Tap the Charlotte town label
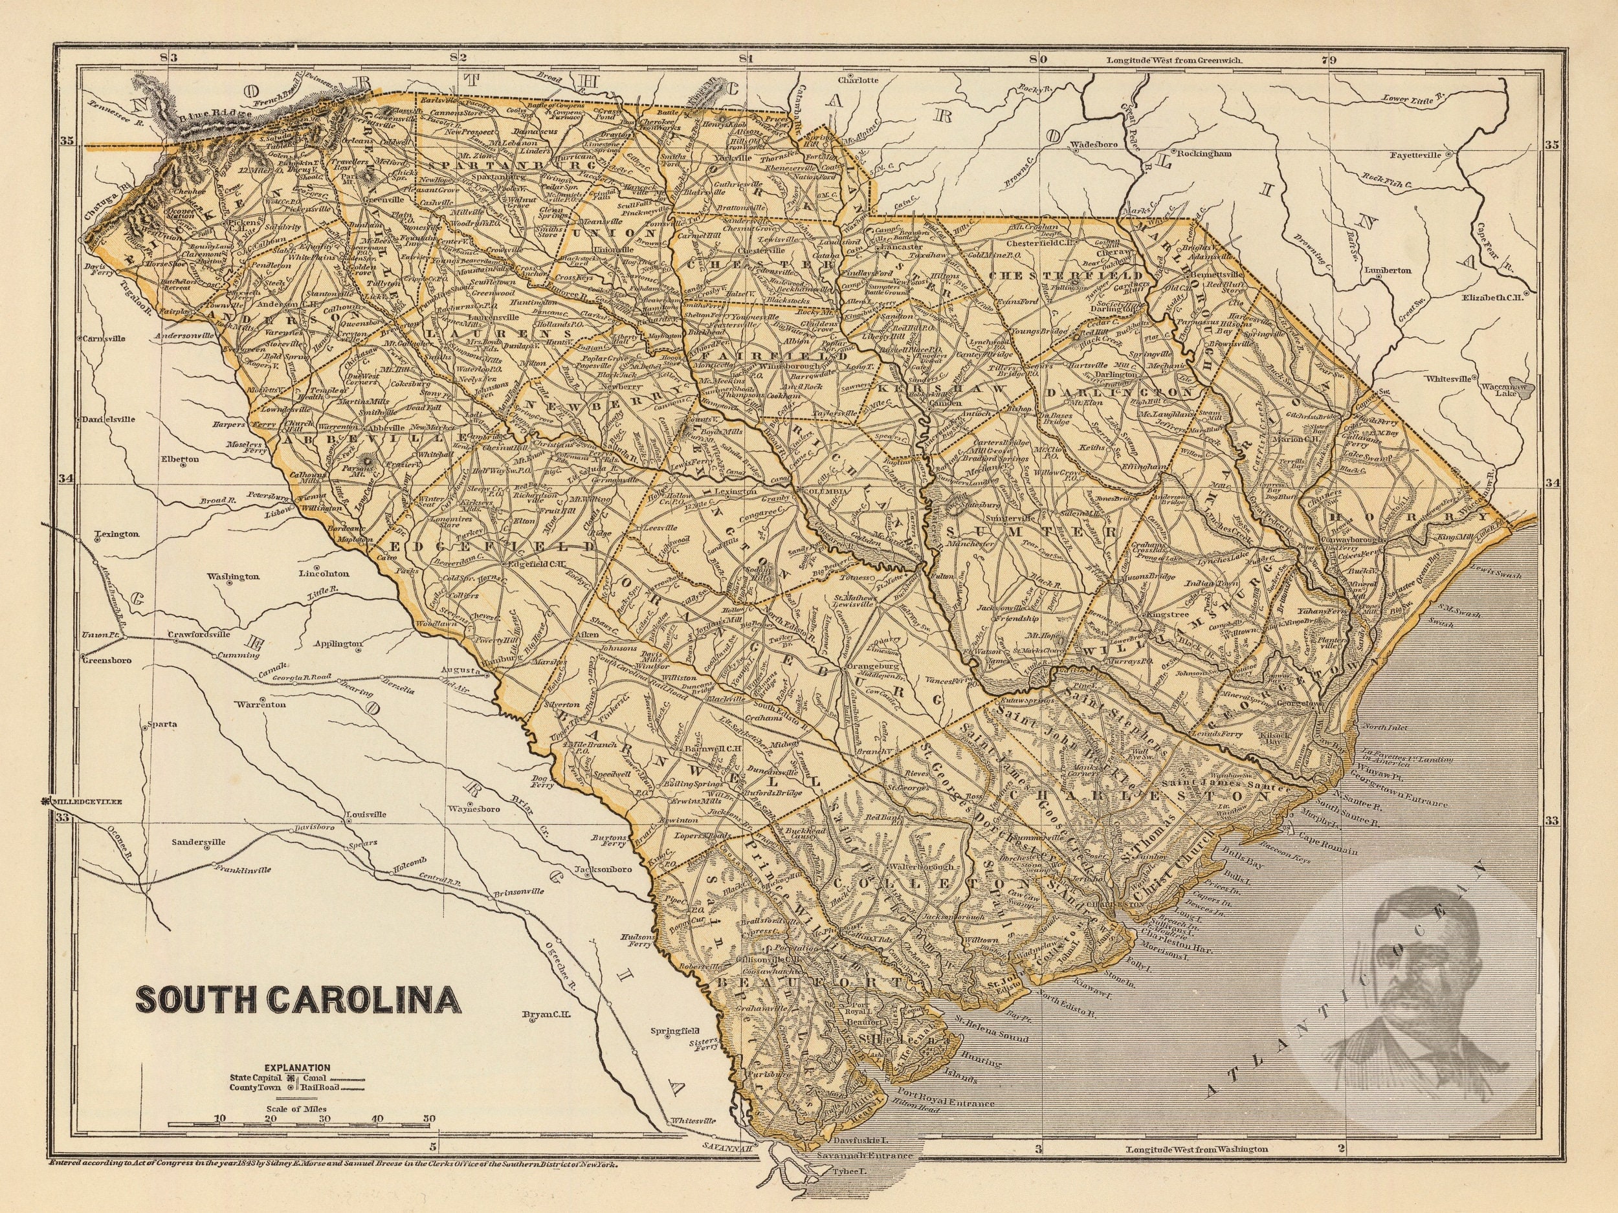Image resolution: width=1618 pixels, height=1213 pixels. pos(858,81)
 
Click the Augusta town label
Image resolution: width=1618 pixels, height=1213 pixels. pos(460,670)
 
